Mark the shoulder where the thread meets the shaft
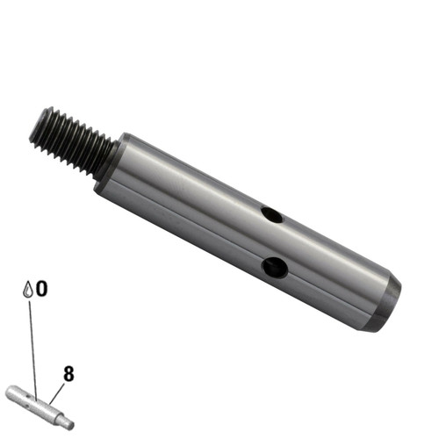point(110,162)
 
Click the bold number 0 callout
point(41,289)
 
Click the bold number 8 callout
point(68,374)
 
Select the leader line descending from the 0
point(32,342)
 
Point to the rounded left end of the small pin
point(11,393)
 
